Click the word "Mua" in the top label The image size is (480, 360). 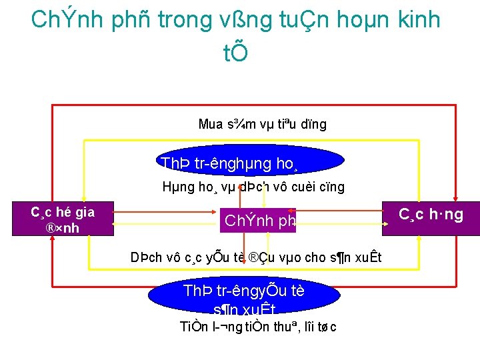pos(210,124)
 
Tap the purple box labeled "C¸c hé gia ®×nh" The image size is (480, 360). pos(63,220)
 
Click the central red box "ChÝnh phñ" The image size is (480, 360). pos(257,220)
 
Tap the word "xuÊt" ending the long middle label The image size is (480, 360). pos(366,257)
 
